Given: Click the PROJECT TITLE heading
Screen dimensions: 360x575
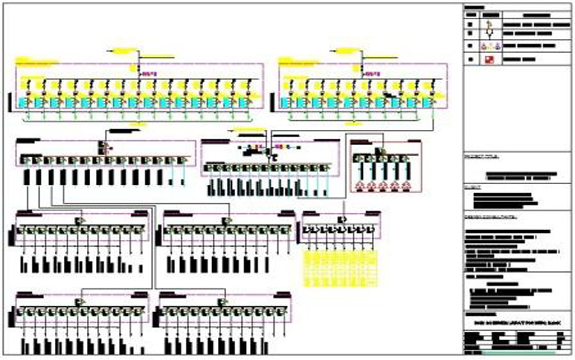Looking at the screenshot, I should pyautogui.click(x=477, y=155).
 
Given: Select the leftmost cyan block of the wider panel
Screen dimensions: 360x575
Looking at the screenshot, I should pyautogui.click(x=24, y=102).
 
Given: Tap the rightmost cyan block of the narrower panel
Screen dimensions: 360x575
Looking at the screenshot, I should pyautogui.click(x=427, y=102).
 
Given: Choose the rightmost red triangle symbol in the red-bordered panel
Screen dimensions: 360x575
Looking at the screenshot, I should pyautogui.click(x=407, y=185).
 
